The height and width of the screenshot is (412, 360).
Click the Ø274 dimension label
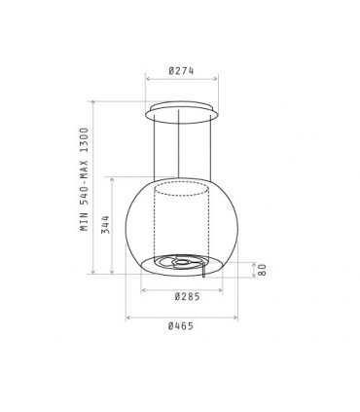pyautogui.click(x=181, y=71)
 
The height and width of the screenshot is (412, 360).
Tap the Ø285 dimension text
pyautogui.click(x=188, y=296)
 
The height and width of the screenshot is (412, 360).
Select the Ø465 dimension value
pyautogui.click(x=181, y=326)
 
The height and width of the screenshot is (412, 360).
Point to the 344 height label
pyautogui.click(x=105, y=224)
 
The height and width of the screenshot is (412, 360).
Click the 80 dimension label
pyautogui.click(x=262, y=270)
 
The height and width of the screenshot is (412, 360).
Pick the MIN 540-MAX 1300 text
pyautogui.click(x=85, y=179)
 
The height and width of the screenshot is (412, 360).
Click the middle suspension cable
pyautogui.click(x=178, y=143)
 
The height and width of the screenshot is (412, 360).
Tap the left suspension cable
pyautogui.click(x=155, y=147)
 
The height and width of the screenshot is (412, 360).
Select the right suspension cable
pyautogui.click(x=211, y=148)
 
